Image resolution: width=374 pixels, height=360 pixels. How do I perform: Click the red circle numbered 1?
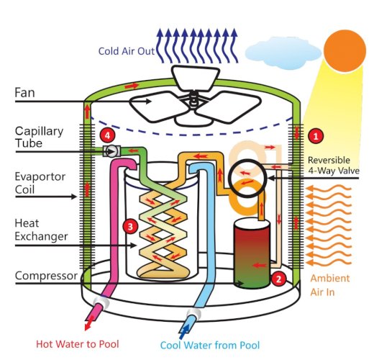(x=316, y=136)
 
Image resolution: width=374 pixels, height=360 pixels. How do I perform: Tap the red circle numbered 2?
(x=278, y=279)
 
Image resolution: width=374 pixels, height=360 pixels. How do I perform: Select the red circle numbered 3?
(x=130, y=226)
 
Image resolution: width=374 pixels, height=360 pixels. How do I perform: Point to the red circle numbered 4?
(x=108, y=135)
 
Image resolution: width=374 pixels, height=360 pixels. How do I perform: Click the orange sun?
(x=345, y=50)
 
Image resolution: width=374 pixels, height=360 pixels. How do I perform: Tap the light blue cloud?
(x=283, y=53)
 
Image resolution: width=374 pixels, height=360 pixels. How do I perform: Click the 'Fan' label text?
(x=24, y=93)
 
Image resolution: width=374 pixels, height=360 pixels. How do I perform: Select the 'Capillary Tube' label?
(x=39, y=138)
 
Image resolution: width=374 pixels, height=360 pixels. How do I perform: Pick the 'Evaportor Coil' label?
(x=40, y=183)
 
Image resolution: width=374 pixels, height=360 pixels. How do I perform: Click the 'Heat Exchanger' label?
(x=41, y=230)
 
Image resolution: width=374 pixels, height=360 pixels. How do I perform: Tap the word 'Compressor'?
(x=46, y=276)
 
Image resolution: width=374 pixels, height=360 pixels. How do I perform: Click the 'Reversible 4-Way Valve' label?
(x=334, y=166)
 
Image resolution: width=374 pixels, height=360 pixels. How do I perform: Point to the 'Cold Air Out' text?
(x=127, y=51)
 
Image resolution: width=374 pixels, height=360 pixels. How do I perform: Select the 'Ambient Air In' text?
(x=330, y=285)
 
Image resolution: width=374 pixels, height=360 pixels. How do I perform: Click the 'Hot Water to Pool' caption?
(x=78, y=344)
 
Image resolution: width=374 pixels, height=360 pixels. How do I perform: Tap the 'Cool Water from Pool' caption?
(x=210, y=345)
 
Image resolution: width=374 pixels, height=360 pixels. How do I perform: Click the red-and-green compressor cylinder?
(x=252, y=253)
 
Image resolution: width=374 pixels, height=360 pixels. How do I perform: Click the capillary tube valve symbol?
(x=111, y=151)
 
